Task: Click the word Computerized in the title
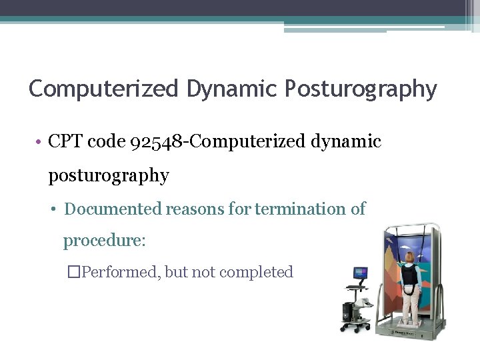(x=104, y=89)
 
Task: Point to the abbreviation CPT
(x=66, y=142)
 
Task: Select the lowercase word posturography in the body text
(x=109, y=176)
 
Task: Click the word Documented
(x=113, y=209)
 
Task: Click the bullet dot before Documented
(x=55, y=210)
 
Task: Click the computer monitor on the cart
(x=360, y=274)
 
